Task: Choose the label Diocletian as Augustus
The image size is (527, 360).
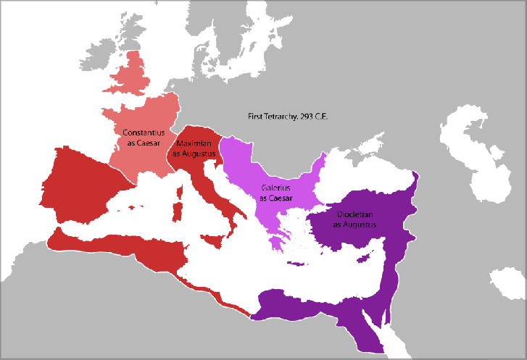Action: coord(356,219)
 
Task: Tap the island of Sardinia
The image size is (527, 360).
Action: coord(176,212)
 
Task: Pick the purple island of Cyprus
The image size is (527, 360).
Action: coord(371,259)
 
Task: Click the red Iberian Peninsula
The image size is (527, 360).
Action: coord(80,185)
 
